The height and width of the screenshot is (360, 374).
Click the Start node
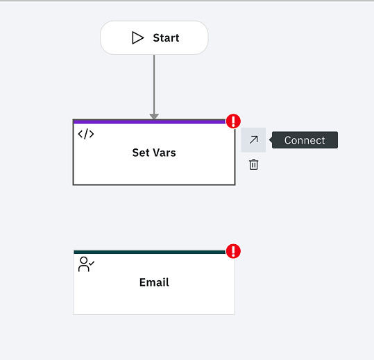(x=154, y=37)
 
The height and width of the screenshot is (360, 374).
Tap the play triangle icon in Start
(x=138, y=38)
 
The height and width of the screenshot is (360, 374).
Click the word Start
(x=166, y=38)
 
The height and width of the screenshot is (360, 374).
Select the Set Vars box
(x=154, y=152)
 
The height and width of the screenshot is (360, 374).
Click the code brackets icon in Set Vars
(x=86, y=134)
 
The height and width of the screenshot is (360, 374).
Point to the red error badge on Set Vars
(x=233, y=121)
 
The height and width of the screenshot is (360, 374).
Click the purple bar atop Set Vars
(x=150, y=122)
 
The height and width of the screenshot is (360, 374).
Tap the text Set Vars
(x=154, y=153)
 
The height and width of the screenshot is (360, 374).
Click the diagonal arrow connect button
(x=253, y=139)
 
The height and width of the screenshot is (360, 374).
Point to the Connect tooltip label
(x=305, y=140)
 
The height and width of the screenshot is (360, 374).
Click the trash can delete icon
(x=253, y=164)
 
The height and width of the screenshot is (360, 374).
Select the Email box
(x=154, y=282)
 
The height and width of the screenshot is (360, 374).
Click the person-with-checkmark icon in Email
(x=86, y=264)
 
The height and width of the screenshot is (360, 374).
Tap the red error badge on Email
(x=233, y=251)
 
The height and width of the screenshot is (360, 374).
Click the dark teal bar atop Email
(x=150, y=252)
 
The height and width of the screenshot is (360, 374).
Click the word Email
(x=154, y=282)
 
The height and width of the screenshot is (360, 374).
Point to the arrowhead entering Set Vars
(x=154, y=117)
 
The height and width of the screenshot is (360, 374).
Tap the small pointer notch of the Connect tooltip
(x=271, y=140)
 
